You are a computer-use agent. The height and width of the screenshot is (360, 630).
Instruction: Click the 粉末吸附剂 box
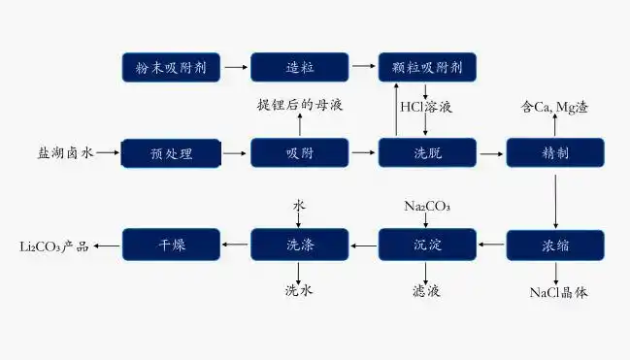[171, 67]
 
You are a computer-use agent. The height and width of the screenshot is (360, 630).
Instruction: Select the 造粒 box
[299, 67]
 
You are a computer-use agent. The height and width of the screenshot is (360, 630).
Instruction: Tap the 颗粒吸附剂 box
[427, 67]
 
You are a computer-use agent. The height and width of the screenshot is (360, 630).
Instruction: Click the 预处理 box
[171, 153]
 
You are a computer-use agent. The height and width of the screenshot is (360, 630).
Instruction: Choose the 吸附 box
[299, 153]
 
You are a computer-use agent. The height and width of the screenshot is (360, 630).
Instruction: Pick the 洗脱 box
[427, 153]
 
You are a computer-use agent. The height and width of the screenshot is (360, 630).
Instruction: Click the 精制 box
[555, 153]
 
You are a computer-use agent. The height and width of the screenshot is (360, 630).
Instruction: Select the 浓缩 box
[555, 245]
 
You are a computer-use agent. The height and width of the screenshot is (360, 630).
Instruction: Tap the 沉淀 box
[427, 245]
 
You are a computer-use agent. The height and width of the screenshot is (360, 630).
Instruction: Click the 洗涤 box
[299, 245]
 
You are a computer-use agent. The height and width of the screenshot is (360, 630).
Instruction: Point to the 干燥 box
[171, 245]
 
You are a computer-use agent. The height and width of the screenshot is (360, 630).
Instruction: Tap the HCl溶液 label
[426, 107]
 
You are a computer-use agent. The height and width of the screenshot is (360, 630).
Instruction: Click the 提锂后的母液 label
[299, 104]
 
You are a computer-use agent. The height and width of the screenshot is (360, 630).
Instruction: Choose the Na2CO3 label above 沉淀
[427, 206]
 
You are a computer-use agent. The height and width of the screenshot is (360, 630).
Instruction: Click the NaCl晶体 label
[557, 291]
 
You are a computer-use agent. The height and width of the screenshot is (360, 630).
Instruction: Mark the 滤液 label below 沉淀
[427, 290]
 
